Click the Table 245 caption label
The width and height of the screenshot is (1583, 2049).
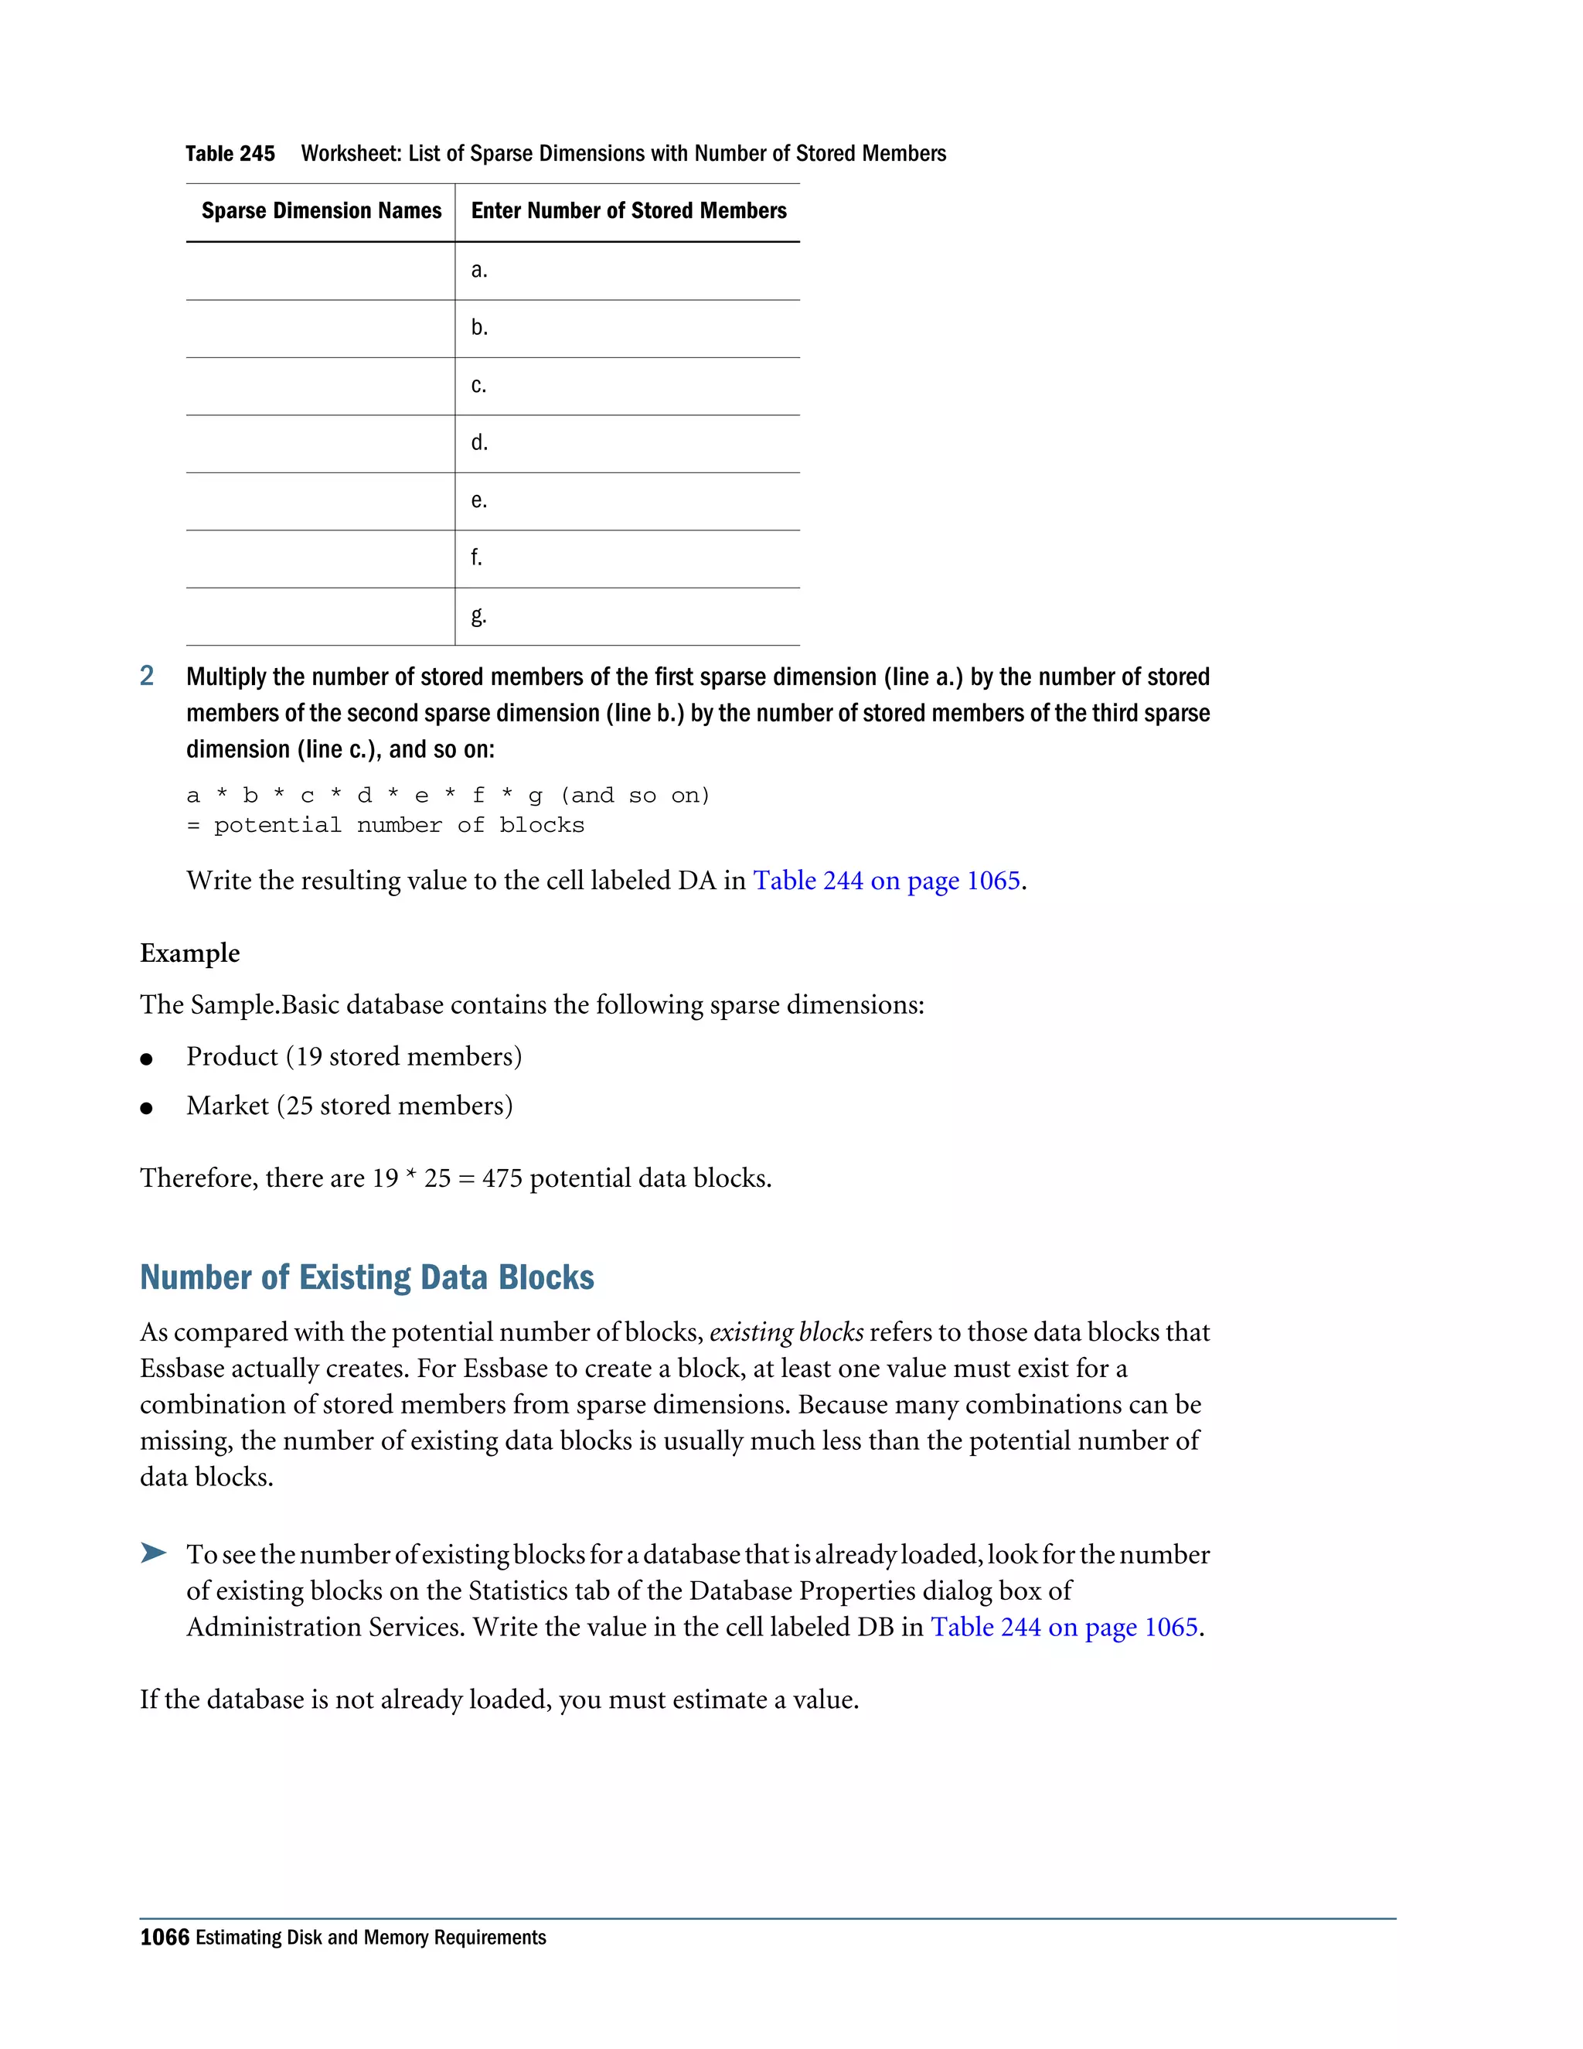(230, 154)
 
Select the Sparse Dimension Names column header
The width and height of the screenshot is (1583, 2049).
(321, 211)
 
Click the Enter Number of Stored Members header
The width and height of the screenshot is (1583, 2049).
(628, 211)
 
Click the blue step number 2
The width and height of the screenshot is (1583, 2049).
(146, 677)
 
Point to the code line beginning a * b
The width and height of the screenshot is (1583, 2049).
(448, 796)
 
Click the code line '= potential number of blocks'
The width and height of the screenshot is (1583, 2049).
(386, 826)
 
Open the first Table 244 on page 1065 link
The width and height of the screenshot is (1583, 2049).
(887, 881)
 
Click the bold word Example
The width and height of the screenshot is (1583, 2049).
(189, 953)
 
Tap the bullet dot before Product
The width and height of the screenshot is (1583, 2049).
(146, 1059)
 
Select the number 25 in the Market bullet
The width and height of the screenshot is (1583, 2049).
(299, 1106)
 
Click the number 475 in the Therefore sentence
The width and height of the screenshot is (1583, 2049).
(502, 1178)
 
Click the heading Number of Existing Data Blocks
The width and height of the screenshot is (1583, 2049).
(366, 1278)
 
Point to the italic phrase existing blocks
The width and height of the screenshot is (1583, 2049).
(786, 1332)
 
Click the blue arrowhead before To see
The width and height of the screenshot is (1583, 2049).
(153, 1553)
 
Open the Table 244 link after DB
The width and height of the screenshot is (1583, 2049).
(1064, 1627)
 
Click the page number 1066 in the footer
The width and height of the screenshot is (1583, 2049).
(164, 1938)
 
